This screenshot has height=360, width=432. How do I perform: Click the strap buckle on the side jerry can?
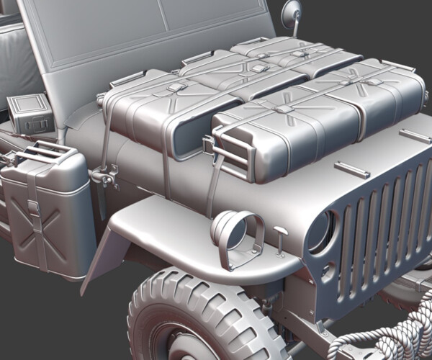pyautogui.click(x=33, y=207)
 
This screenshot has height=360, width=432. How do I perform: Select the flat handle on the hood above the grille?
pyautogui.click(x=352, y=170)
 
